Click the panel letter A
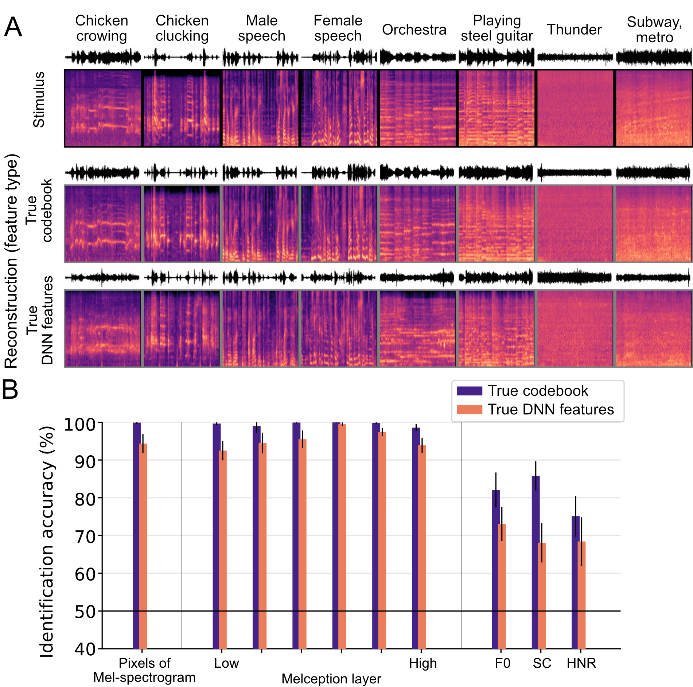13,27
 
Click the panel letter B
10,390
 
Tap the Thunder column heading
574,30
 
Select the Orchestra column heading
414,30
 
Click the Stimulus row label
39,99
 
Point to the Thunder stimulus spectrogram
575,108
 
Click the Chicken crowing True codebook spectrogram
103,223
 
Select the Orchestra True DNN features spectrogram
418,328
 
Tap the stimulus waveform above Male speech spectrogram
260,58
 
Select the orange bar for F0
502,587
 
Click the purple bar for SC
535,561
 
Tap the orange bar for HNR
581,596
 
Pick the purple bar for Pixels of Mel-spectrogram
136,536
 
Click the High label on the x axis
423,663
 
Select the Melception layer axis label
331,679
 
